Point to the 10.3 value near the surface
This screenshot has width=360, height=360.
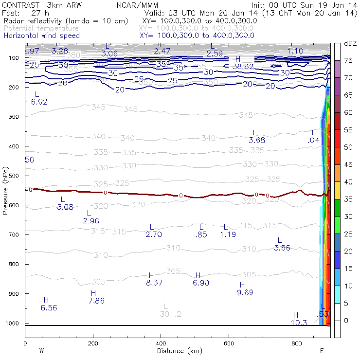pos(299,323)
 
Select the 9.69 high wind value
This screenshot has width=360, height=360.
pos(245,293)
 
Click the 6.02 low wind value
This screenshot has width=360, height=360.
pos(39,102)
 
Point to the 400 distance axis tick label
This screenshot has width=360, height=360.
pos(161,343)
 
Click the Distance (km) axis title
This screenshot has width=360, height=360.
pos(178,350)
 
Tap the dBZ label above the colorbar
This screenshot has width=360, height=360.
pos(349,44)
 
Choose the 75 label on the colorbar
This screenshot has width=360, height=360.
pos(348,60)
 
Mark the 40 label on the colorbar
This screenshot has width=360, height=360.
pos(348,181)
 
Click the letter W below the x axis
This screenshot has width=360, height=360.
pos(41,350)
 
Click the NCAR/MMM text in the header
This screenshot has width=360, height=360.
pos(138,5)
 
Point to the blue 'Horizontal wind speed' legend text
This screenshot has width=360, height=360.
pos(41,36)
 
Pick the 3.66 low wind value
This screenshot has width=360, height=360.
pos(282,248)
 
